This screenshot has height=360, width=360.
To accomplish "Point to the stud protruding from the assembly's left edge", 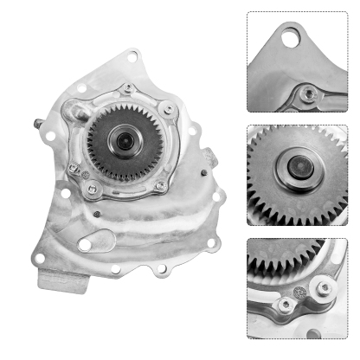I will [x=38, y=123].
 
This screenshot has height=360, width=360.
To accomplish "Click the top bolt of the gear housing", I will [x=128, y=88].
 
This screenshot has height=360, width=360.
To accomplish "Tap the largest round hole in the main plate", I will [x=84, y=246].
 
